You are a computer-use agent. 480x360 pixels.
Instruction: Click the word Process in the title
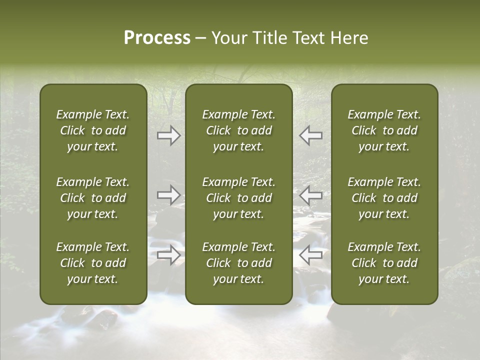click(x=157, y=38)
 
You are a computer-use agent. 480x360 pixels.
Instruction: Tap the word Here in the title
click(x=349, y=38)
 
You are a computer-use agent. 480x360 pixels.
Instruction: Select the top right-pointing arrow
click(x=168, y=135)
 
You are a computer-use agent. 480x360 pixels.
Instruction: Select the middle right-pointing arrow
click(x=168, y=194)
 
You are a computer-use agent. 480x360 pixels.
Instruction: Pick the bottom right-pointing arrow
click(x=168, y=255)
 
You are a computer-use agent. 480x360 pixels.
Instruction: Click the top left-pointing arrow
click(x=311, y=135)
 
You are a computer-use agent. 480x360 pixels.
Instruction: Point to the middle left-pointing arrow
click(x=311, y=194)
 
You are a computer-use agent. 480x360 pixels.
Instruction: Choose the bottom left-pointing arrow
click(x=311, y=255)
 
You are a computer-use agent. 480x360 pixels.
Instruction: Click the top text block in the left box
click(x=93, y=130)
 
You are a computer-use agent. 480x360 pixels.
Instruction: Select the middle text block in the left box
click(x=93, y=198)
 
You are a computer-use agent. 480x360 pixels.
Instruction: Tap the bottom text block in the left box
click(x=93, y=263)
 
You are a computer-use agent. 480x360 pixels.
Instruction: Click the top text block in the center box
click(x=239, y=130)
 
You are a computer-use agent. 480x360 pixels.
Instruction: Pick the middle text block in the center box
click(x=239, y=198)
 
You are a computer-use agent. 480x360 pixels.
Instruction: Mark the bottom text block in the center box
click(x=239, y=263)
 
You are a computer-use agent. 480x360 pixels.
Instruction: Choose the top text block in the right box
click(x=384, y=130)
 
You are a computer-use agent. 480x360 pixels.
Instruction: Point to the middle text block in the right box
click(x=384, y=198)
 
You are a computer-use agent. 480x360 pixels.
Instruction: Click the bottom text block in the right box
click(x=384, y=263)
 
